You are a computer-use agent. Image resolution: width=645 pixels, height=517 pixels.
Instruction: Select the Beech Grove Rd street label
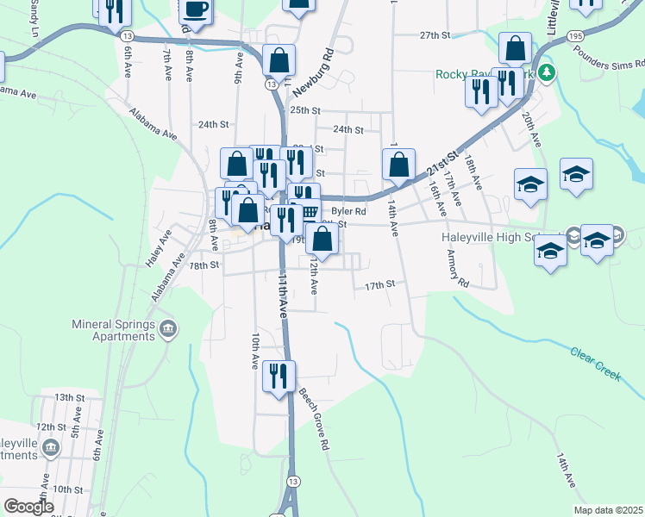pos(315,420)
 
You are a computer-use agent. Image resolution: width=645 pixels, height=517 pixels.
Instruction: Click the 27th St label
pos(435,35)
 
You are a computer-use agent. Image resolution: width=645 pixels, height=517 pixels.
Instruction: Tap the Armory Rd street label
pos(457,270)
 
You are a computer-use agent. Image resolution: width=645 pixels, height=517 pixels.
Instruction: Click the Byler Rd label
pos(349,210)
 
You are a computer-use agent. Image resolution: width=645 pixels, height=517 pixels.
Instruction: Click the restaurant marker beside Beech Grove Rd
pos(279,377)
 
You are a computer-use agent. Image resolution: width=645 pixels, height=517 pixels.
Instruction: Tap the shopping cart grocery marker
pos(309,212)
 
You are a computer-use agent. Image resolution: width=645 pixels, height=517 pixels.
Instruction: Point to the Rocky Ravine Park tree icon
pos(545,74)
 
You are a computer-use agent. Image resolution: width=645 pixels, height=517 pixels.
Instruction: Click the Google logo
pos(28,507)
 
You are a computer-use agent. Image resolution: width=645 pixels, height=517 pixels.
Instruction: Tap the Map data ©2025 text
pos(608,510)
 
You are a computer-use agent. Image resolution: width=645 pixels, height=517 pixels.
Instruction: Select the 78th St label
pos(204,265)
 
